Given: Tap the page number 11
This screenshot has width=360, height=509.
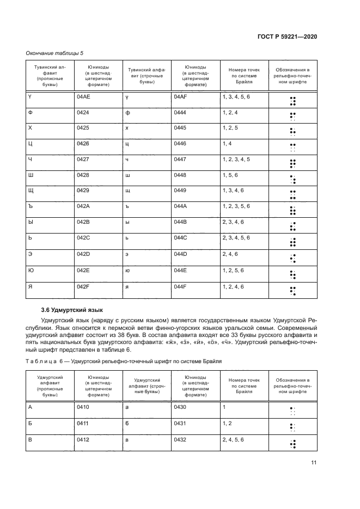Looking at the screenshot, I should point(314,463).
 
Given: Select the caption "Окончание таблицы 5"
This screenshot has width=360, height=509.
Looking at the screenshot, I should point(55,53).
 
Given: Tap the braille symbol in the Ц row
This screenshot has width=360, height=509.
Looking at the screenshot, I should point(292,146).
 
